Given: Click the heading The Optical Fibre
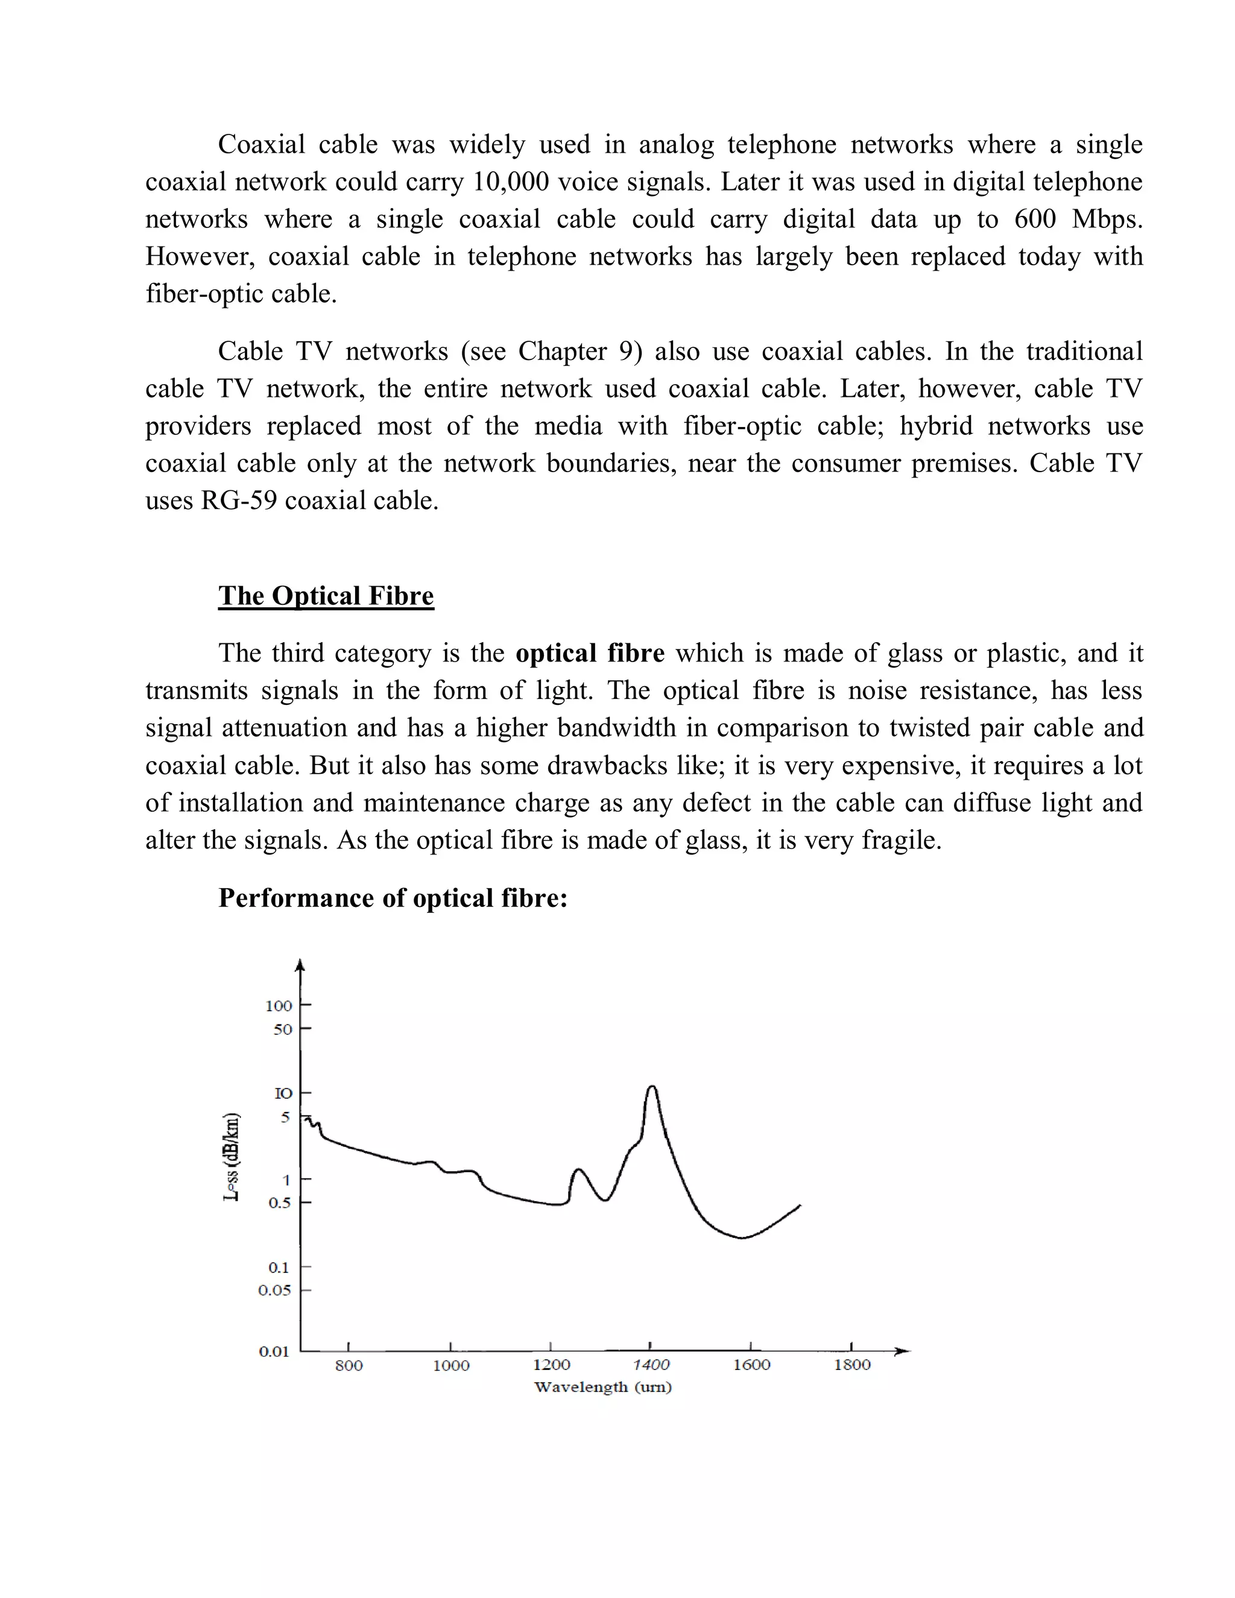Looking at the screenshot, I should (x=326, y=596).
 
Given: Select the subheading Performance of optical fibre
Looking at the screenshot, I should (x=393, y=898).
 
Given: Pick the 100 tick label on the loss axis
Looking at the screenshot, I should (x=279, y=1006).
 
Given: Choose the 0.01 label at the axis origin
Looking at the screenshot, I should (x=274, y=1351).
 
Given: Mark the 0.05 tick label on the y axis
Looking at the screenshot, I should (x=275, y=1290).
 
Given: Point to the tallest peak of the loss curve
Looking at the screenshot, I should (x=651, y=1087).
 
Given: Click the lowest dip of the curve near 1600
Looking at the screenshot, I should (x=742, y=1237).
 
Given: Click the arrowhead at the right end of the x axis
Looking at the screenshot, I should (x=905, y=1351).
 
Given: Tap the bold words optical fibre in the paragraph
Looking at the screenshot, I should (x=590, y=654).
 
